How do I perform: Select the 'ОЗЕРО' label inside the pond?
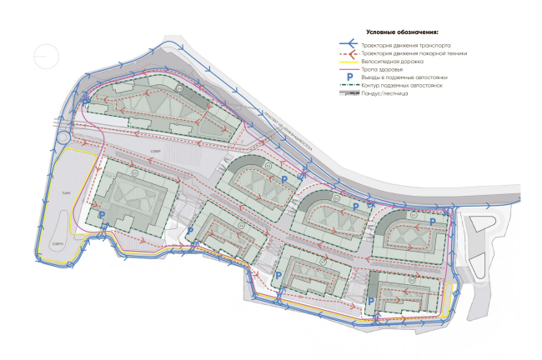coord(58,243)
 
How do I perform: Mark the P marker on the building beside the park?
coord(102,215)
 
